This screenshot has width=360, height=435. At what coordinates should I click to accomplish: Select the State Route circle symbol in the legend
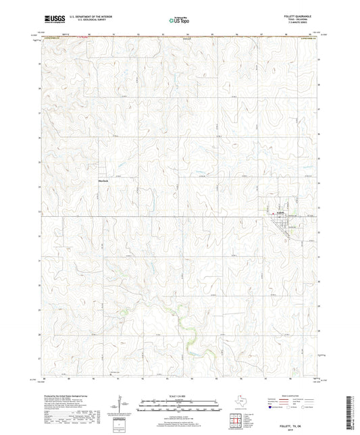point(313,408)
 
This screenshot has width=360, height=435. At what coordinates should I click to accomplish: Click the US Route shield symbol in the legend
point(292,408)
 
